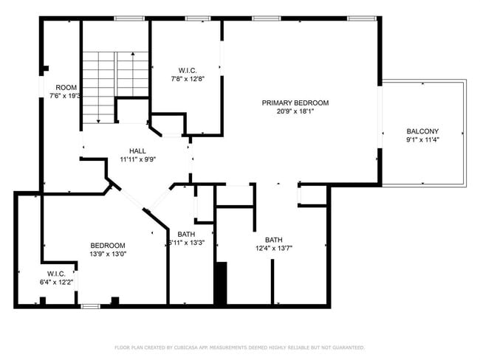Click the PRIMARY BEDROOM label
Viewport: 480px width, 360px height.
point(295,103)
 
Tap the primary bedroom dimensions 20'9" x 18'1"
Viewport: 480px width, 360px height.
point(295,112)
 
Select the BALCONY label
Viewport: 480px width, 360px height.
point(422,131)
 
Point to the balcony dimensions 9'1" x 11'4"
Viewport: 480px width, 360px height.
point(422,140)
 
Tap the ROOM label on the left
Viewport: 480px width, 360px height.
point(66,87)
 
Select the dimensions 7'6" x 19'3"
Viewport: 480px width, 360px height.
point(64,96)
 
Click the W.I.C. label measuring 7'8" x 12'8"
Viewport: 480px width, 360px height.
point(187,70)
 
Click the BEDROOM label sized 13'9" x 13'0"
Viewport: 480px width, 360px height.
point(108,246)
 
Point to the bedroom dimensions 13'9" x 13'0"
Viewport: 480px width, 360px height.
point(108,255)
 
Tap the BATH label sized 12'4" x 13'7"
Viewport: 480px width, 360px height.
point(274,240)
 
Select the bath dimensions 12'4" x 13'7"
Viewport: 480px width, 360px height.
point(274,249)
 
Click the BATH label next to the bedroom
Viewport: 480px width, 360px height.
point(186,235)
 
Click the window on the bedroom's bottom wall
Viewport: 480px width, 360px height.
point(90,305)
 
